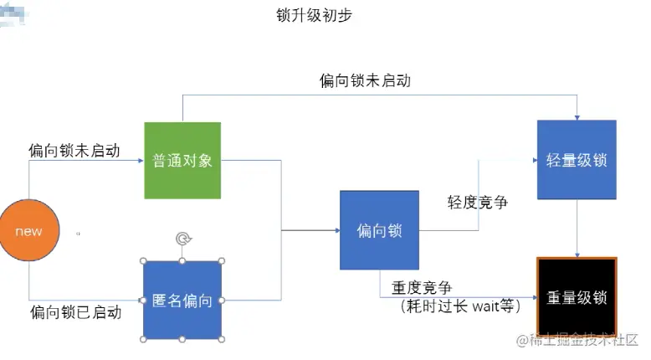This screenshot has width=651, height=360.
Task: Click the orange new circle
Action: (28, 231)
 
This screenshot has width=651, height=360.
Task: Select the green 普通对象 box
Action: (182, 160)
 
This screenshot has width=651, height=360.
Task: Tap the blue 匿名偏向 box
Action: (182, 300)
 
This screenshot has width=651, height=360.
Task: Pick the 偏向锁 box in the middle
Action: (379, 230)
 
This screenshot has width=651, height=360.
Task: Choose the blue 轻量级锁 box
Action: (577, 160)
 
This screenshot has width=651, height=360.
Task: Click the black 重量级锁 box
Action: (577, 297)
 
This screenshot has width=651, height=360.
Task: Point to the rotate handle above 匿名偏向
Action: (182, 239)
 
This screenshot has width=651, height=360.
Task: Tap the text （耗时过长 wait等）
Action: (459, 306)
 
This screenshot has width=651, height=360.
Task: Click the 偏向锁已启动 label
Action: (75, 312)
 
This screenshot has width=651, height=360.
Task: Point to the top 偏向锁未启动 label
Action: (365, 80)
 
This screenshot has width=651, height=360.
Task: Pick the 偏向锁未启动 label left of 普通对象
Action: (74, 151)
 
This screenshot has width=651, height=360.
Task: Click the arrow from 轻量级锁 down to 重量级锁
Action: (577, 228)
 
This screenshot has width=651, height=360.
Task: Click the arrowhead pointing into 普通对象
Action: (140, 160)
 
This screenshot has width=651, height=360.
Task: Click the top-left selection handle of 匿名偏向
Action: (144, 260)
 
